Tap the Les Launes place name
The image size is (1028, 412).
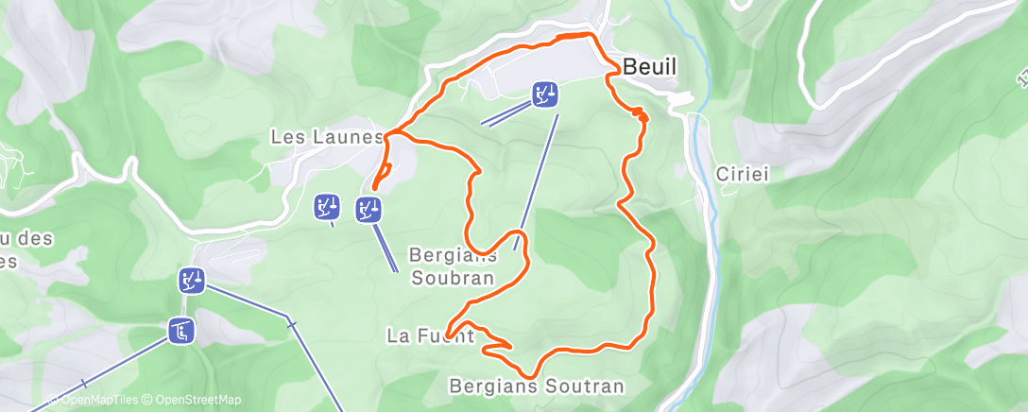(326, 137)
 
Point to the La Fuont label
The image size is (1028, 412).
(430, 335)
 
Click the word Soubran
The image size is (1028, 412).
(454, 278)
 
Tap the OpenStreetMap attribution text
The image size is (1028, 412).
(194, 400)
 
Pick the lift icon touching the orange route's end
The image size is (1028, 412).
(368, 209)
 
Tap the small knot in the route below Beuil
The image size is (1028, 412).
(641, 114)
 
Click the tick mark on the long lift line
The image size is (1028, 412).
(293, 325)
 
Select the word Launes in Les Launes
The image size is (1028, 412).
(352, 137)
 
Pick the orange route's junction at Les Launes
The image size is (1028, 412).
(387, 136)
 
